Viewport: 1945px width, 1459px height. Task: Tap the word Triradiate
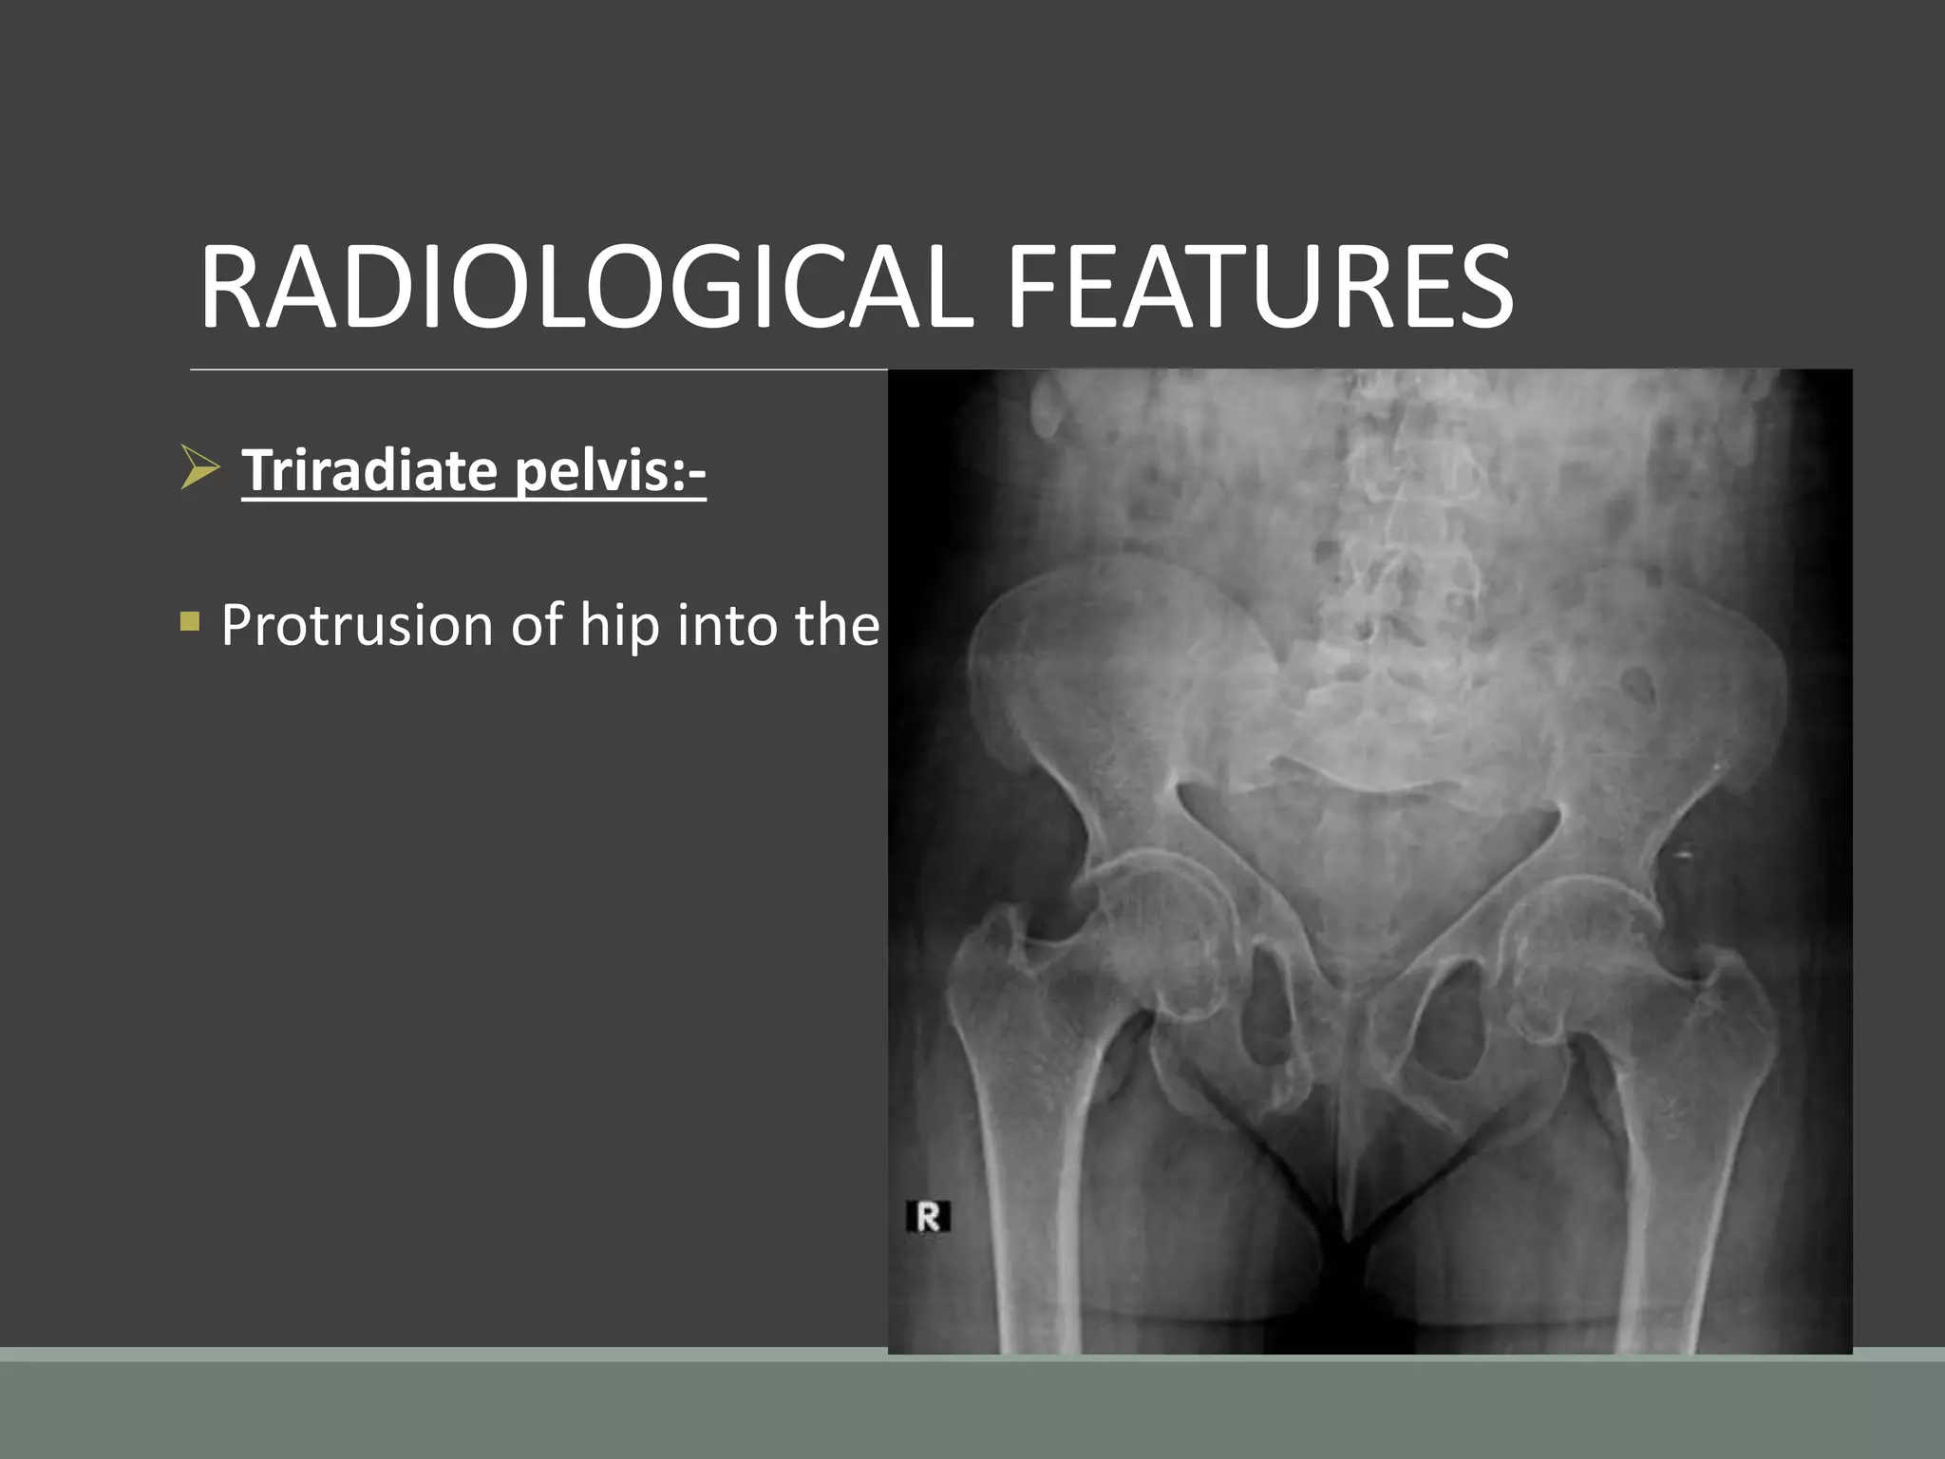(369, 470)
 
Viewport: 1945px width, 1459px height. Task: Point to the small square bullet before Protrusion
(190, 622)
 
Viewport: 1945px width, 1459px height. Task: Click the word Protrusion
(357, 626)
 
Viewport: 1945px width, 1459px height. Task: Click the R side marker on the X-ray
(928, 1217)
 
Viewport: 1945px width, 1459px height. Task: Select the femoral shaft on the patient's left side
(1681, 1187)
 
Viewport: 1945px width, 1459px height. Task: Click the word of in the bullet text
(537, 626)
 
